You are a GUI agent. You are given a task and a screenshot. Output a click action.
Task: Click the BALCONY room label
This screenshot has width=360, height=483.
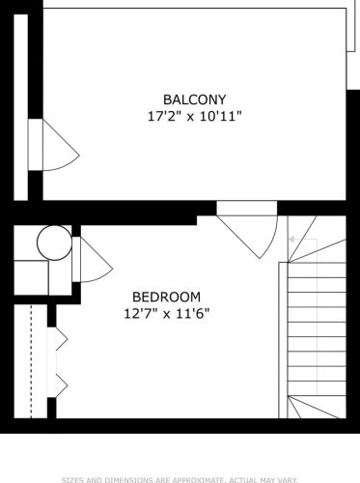point(194,99)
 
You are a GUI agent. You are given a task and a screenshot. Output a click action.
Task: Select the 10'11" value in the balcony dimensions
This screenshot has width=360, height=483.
point(221,116)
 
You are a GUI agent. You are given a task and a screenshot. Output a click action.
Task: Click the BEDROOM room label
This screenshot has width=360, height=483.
point(166,296)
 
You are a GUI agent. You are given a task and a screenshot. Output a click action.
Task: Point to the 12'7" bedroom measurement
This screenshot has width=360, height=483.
point(141,313)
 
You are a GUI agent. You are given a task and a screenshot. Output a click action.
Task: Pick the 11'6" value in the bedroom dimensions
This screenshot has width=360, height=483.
point(192,313)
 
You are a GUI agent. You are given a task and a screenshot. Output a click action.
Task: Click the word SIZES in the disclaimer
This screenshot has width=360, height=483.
point(75,477)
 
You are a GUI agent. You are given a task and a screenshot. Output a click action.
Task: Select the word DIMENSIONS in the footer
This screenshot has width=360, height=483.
point(122,477)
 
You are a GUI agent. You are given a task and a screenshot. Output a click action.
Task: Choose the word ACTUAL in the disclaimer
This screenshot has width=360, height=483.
point(237,477)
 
